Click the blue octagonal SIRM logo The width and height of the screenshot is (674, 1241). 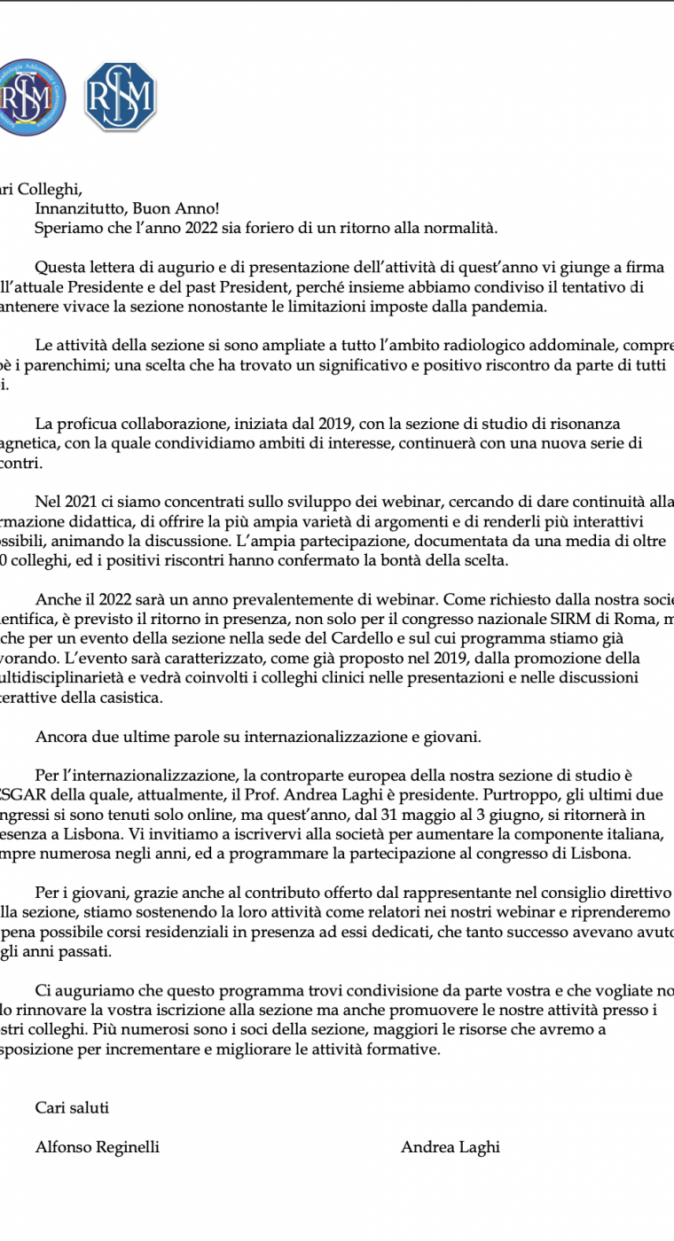coord(120,97)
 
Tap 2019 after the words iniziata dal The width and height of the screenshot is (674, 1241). coord(325,424)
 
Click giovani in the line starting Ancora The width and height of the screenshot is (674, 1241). coord(455,736)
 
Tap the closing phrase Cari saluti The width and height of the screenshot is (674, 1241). coord(73,1107)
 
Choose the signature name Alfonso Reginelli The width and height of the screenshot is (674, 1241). coord(98,1147)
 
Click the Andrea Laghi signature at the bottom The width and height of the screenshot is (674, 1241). coord(451,1147)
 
